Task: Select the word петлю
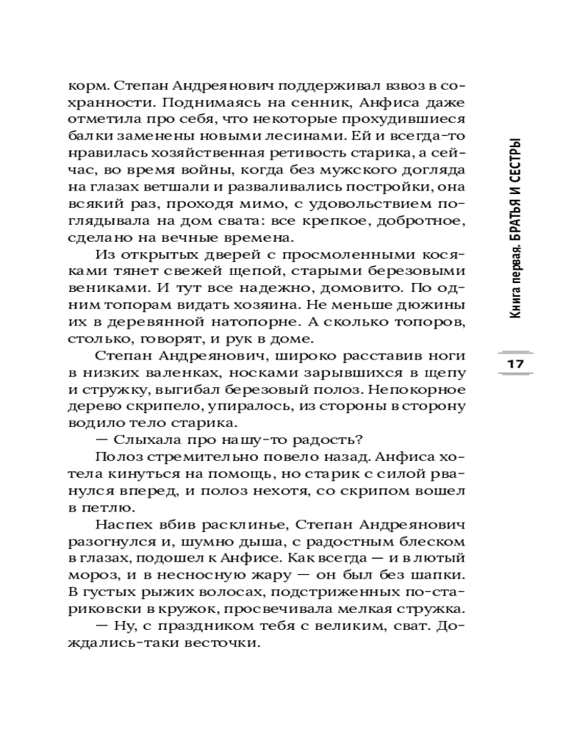click(98, 509)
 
